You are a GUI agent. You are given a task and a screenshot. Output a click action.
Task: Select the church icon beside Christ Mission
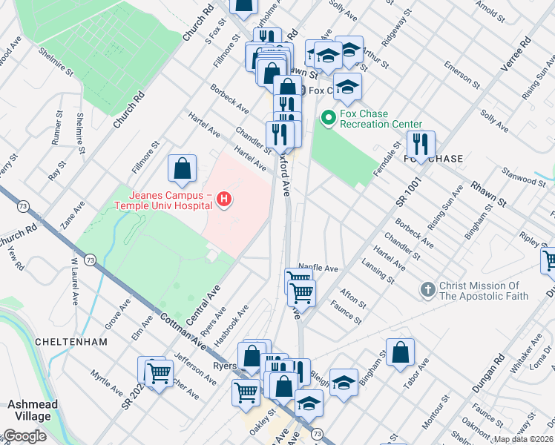[427, 290]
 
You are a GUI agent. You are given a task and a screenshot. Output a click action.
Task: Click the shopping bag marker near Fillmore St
[183, 170]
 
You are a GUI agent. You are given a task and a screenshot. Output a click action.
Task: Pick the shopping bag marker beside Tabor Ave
[400, 354]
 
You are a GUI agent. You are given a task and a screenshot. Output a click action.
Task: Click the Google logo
[24, 436]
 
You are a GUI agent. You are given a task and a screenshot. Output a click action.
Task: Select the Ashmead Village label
[30, 410]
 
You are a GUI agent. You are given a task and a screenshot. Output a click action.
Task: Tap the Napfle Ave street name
[318, 268]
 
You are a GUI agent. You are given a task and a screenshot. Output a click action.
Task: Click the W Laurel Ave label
[74, 282]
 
